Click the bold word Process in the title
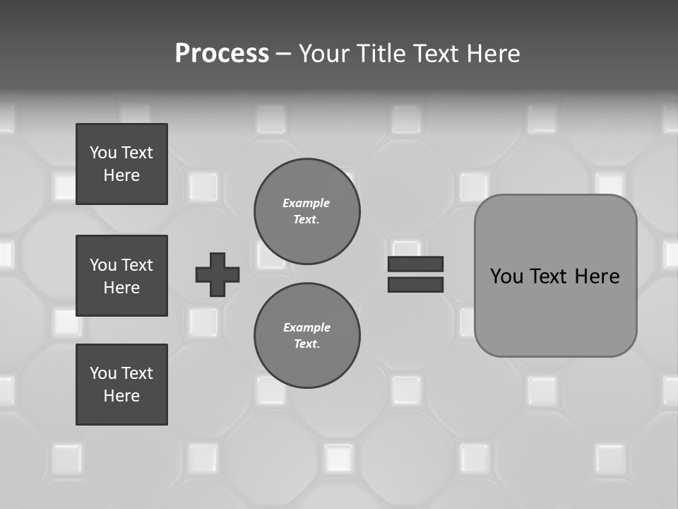(x=222, y=54)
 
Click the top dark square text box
(x=121, y=164)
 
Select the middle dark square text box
(x=121, y=276)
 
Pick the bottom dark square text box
(x=121, y=385)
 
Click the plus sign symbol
(x=218, y=274)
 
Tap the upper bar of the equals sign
(x=415, y=264)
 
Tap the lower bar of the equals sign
(x=415, y=284)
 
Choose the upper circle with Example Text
(x=307, y=211)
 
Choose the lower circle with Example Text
(x=307, y=336)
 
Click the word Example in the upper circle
(x=306, y=203)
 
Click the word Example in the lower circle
(x=307, y=327)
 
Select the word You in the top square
(x=103, y=153)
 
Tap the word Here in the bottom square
(x=121, y=396)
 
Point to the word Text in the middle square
(x=137, y=265)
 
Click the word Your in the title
(x=324, y=54)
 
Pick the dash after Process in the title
(x=283, y=54)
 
